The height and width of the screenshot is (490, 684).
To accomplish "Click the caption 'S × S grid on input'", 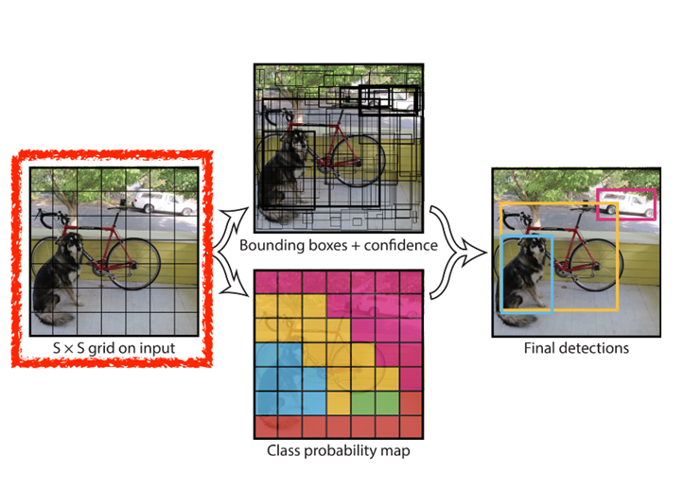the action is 115,349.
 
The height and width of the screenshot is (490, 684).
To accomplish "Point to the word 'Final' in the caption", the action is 539,348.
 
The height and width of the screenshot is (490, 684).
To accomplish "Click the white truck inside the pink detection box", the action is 624,202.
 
